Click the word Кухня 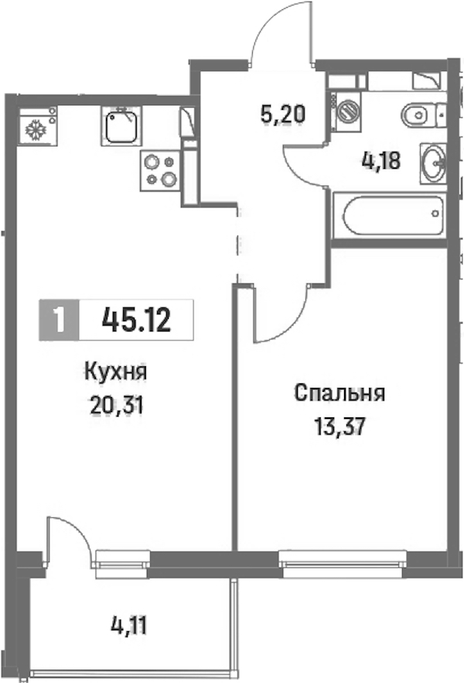coord(115,373)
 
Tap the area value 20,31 coord(117,406)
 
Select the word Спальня coord(339,393)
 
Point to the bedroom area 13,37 coord(339,427)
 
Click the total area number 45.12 coord(136,320)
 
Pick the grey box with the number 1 coord(59,320)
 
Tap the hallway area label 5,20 coord(283,114)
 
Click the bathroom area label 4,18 coord(380,161)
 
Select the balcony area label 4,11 coord(128,626)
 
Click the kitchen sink coord(122,126)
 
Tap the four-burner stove coord(159,170)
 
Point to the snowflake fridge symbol coord(37,126)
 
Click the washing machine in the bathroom coord(346,111)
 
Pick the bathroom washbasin coord(434,163)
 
